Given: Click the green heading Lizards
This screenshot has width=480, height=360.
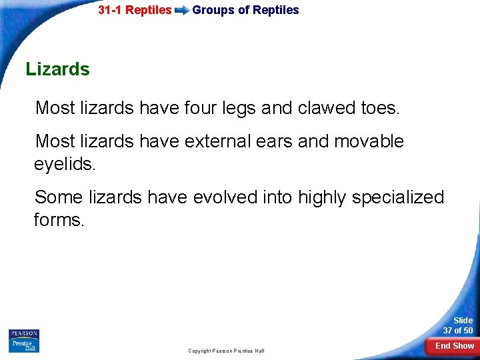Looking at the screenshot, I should tap(57, 69).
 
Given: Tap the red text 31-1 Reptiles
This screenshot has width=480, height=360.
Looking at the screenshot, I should tap(135, 10).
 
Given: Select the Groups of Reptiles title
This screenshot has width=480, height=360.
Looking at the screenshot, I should tap(245, 10).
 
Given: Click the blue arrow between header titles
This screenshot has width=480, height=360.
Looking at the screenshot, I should tap(181, 11).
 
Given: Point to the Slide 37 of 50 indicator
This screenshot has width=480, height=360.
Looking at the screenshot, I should tap(458, 325).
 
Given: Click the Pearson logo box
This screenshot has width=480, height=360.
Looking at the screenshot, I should tap(24, 334).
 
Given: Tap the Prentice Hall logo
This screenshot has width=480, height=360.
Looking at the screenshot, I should tap(24, 346).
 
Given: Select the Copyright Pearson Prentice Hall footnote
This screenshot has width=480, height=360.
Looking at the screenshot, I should tap(226, 351).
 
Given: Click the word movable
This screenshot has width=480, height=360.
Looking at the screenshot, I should tap(369, 141).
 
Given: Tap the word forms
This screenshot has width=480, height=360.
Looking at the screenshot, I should tap(59, 220).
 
